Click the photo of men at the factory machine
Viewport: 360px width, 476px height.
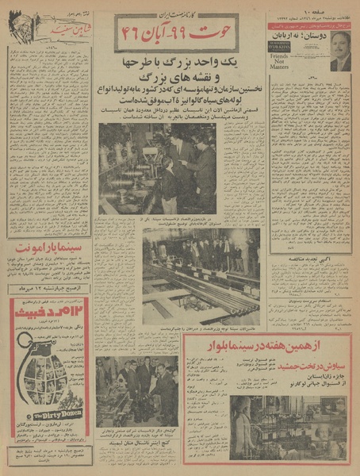click(x=158, y=168)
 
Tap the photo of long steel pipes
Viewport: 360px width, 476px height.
click(x=201, y=276)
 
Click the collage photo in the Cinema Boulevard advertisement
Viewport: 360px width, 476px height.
click(x=274, y=428)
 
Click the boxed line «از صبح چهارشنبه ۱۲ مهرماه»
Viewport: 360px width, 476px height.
click(x=49, y=289)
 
